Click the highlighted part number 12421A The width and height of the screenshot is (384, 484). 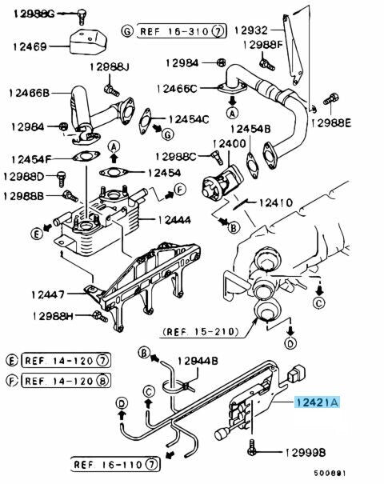[317, 402]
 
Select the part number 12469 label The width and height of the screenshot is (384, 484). [30, 47]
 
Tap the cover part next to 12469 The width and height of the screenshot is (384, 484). [88, 42]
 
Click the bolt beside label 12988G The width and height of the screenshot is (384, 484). [82, 16]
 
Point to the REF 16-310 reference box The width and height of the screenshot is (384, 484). [182, 31]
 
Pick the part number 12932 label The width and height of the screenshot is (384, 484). [251, 30]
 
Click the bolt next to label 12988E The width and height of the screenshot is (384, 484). [331, 99]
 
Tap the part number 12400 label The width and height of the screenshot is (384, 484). [230, 143]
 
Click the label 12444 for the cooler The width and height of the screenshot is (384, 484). [174, 220]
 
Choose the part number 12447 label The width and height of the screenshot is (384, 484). [48, 294]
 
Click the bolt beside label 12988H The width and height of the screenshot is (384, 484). [100, 316]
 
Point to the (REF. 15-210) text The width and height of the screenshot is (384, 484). [201, 332]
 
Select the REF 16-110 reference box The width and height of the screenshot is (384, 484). [115, 464]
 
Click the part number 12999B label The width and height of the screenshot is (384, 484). [305, 453]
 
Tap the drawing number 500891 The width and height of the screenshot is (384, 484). [330, 473]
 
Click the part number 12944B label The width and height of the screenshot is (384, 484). [198, 361]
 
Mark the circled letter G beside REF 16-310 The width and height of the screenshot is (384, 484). [127, 31]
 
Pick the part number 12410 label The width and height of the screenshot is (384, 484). [276, 202]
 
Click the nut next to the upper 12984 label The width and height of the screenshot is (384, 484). [221, 62]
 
